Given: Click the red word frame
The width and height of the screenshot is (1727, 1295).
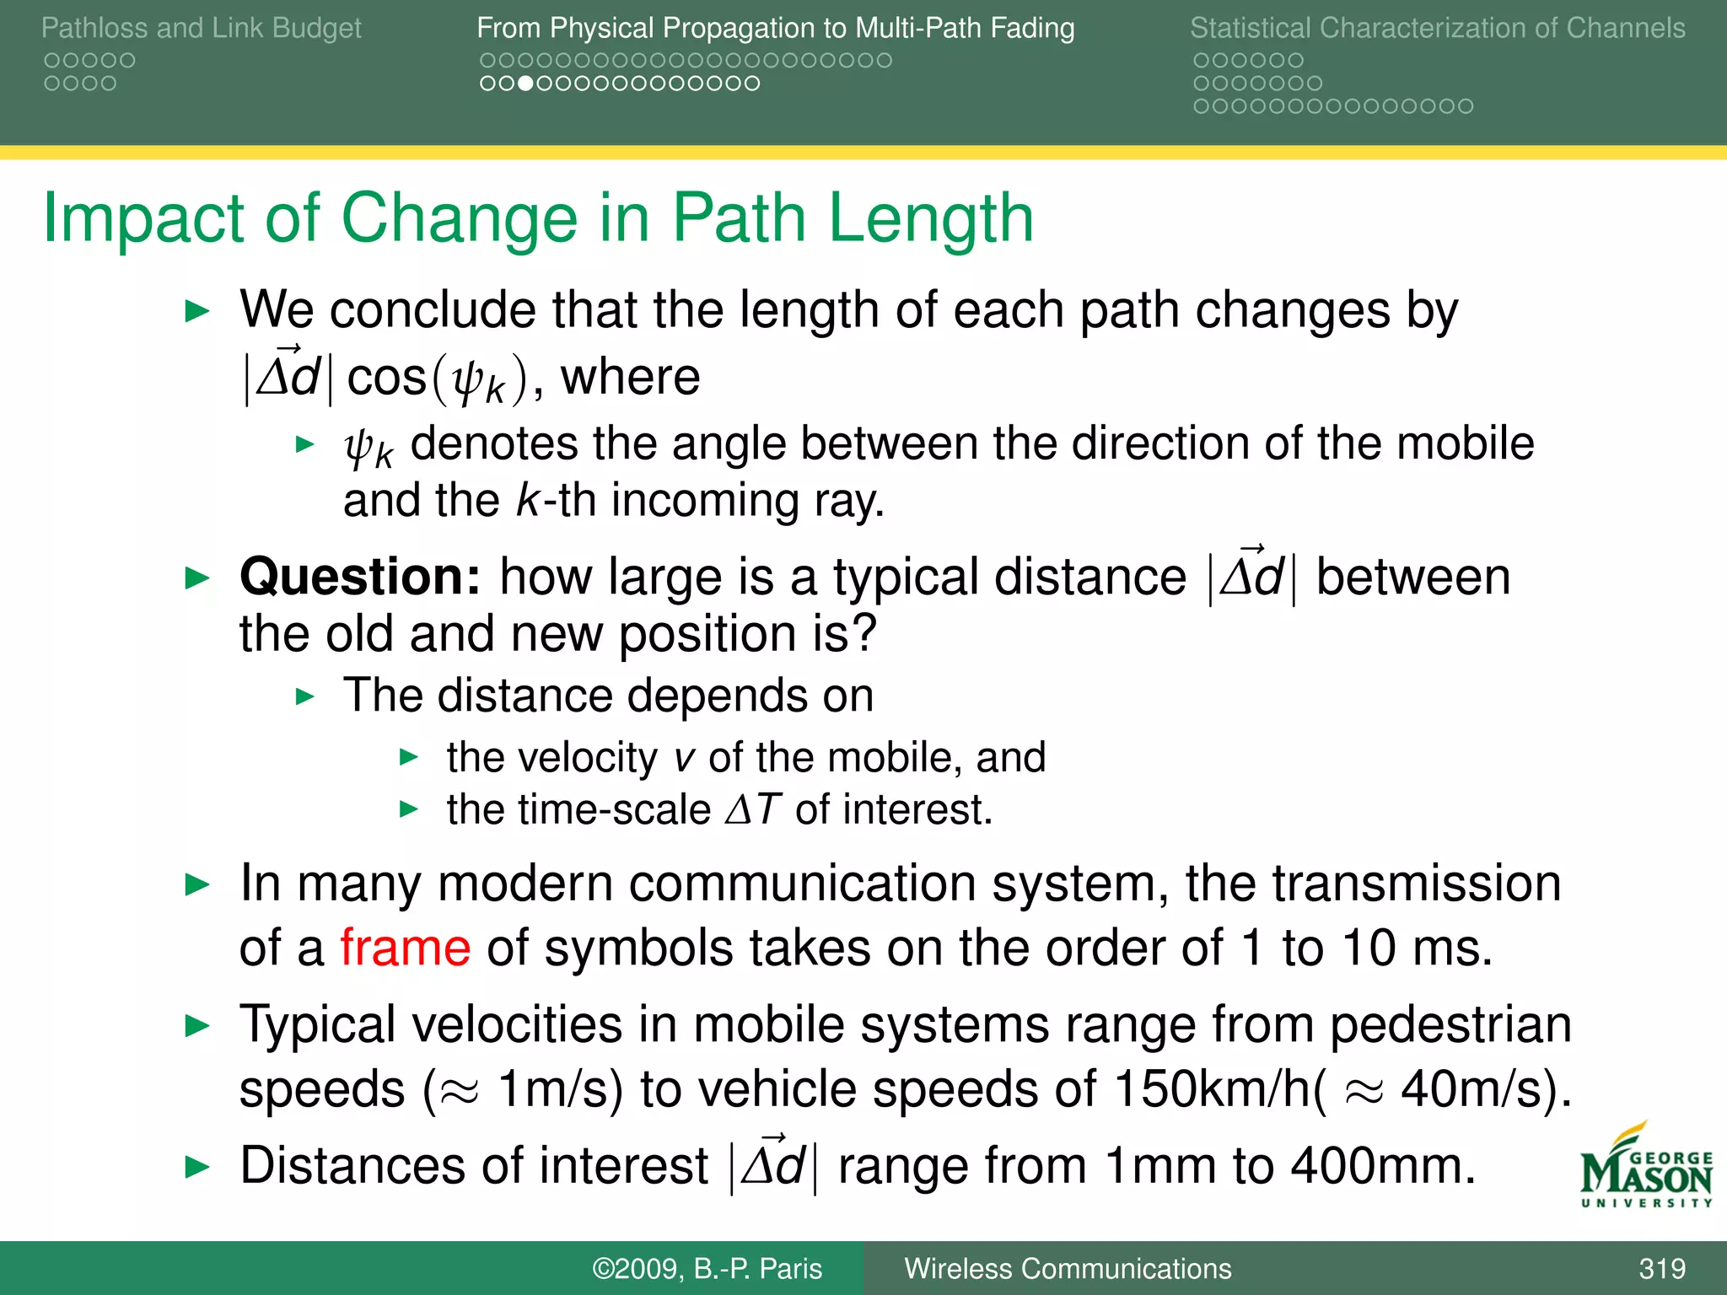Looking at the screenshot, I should point(405,948).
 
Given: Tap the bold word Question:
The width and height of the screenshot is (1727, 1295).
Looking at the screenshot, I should point(360,578).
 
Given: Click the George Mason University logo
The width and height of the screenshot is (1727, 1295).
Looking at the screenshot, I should point(1645,1168).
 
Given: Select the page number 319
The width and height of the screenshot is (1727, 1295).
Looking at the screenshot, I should point(1661,1269).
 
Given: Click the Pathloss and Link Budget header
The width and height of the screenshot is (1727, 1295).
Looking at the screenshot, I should point(201,28).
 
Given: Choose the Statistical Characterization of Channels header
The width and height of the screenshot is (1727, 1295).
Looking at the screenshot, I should point(1437,28).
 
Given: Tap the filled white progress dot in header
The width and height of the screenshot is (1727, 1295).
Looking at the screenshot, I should point(525,83).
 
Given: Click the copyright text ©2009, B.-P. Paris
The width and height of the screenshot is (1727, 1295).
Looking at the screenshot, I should point(707,1269).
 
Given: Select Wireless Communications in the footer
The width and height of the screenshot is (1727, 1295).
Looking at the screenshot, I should point(1068,1269).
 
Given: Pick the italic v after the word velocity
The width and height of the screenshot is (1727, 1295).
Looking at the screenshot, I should point(684,758).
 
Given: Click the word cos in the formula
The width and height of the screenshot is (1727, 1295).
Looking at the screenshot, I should point(387,377).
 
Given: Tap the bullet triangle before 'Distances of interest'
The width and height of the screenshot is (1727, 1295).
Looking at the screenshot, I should point(196,1168).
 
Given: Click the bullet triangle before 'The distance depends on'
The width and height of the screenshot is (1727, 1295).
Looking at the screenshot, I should point(305,697).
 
